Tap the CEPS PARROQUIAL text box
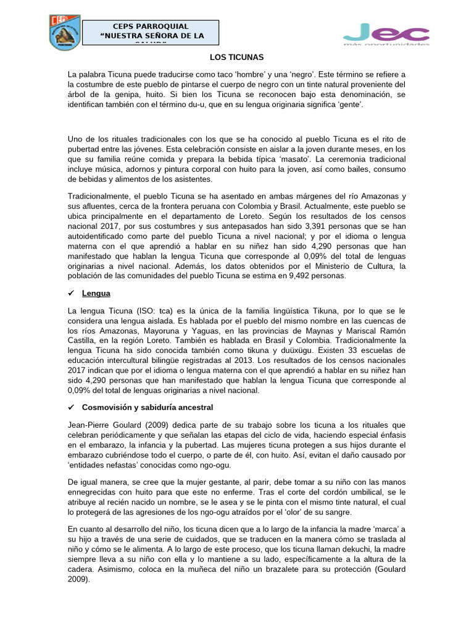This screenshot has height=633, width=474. click(x=151, y=32)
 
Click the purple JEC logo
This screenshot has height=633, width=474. click(x=386, y=33)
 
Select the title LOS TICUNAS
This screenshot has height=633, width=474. click(x=236, y=57)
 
